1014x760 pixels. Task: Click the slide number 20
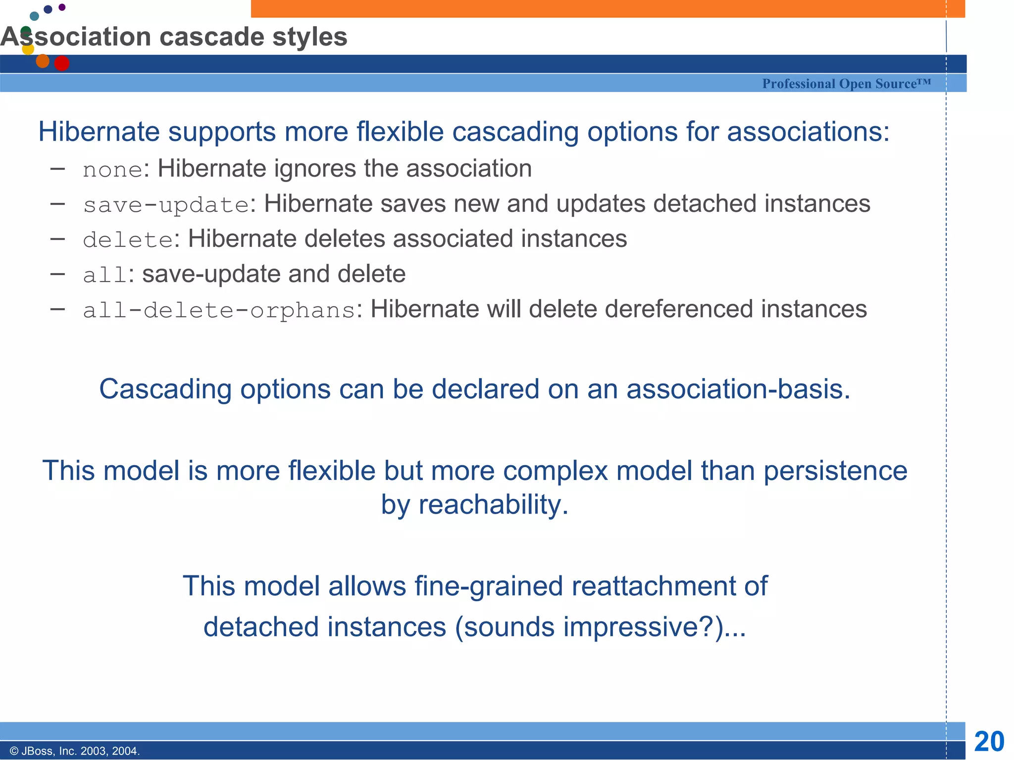pos(989,741)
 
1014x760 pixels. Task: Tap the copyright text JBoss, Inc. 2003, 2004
pos(75,751)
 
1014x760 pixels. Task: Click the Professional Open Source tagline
pos(846,84)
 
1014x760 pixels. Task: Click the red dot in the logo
pos(62,63)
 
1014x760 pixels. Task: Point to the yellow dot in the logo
pos(28,49)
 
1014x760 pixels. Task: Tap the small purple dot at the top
pos(62,7)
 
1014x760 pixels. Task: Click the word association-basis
pos(738,389)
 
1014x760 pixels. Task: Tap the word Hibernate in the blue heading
pos(99,132)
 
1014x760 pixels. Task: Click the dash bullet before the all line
pos(58,274)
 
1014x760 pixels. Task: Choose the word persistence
pos(835,471)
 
